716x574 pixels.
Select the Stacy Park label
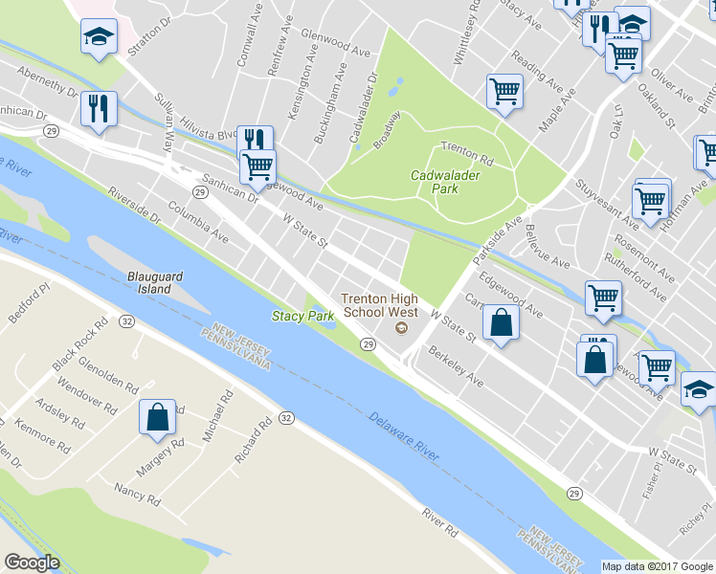[302, 316]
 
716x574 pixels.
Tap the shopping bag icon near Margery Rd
[157, 417]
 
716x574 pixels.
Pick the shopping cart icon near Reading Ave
[503, 92]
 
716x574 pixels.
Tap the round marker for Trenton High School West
[400, 329]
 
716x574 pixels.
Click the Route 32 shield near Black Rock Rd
[126, 321]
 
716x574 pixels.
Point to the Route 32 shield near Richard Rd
[285, 418]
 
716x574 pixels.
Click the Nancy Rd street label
[135, 494]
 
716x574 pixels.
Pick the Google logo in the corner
[32, 563]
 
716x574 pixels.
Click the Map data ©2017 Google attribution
[657, 566]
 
